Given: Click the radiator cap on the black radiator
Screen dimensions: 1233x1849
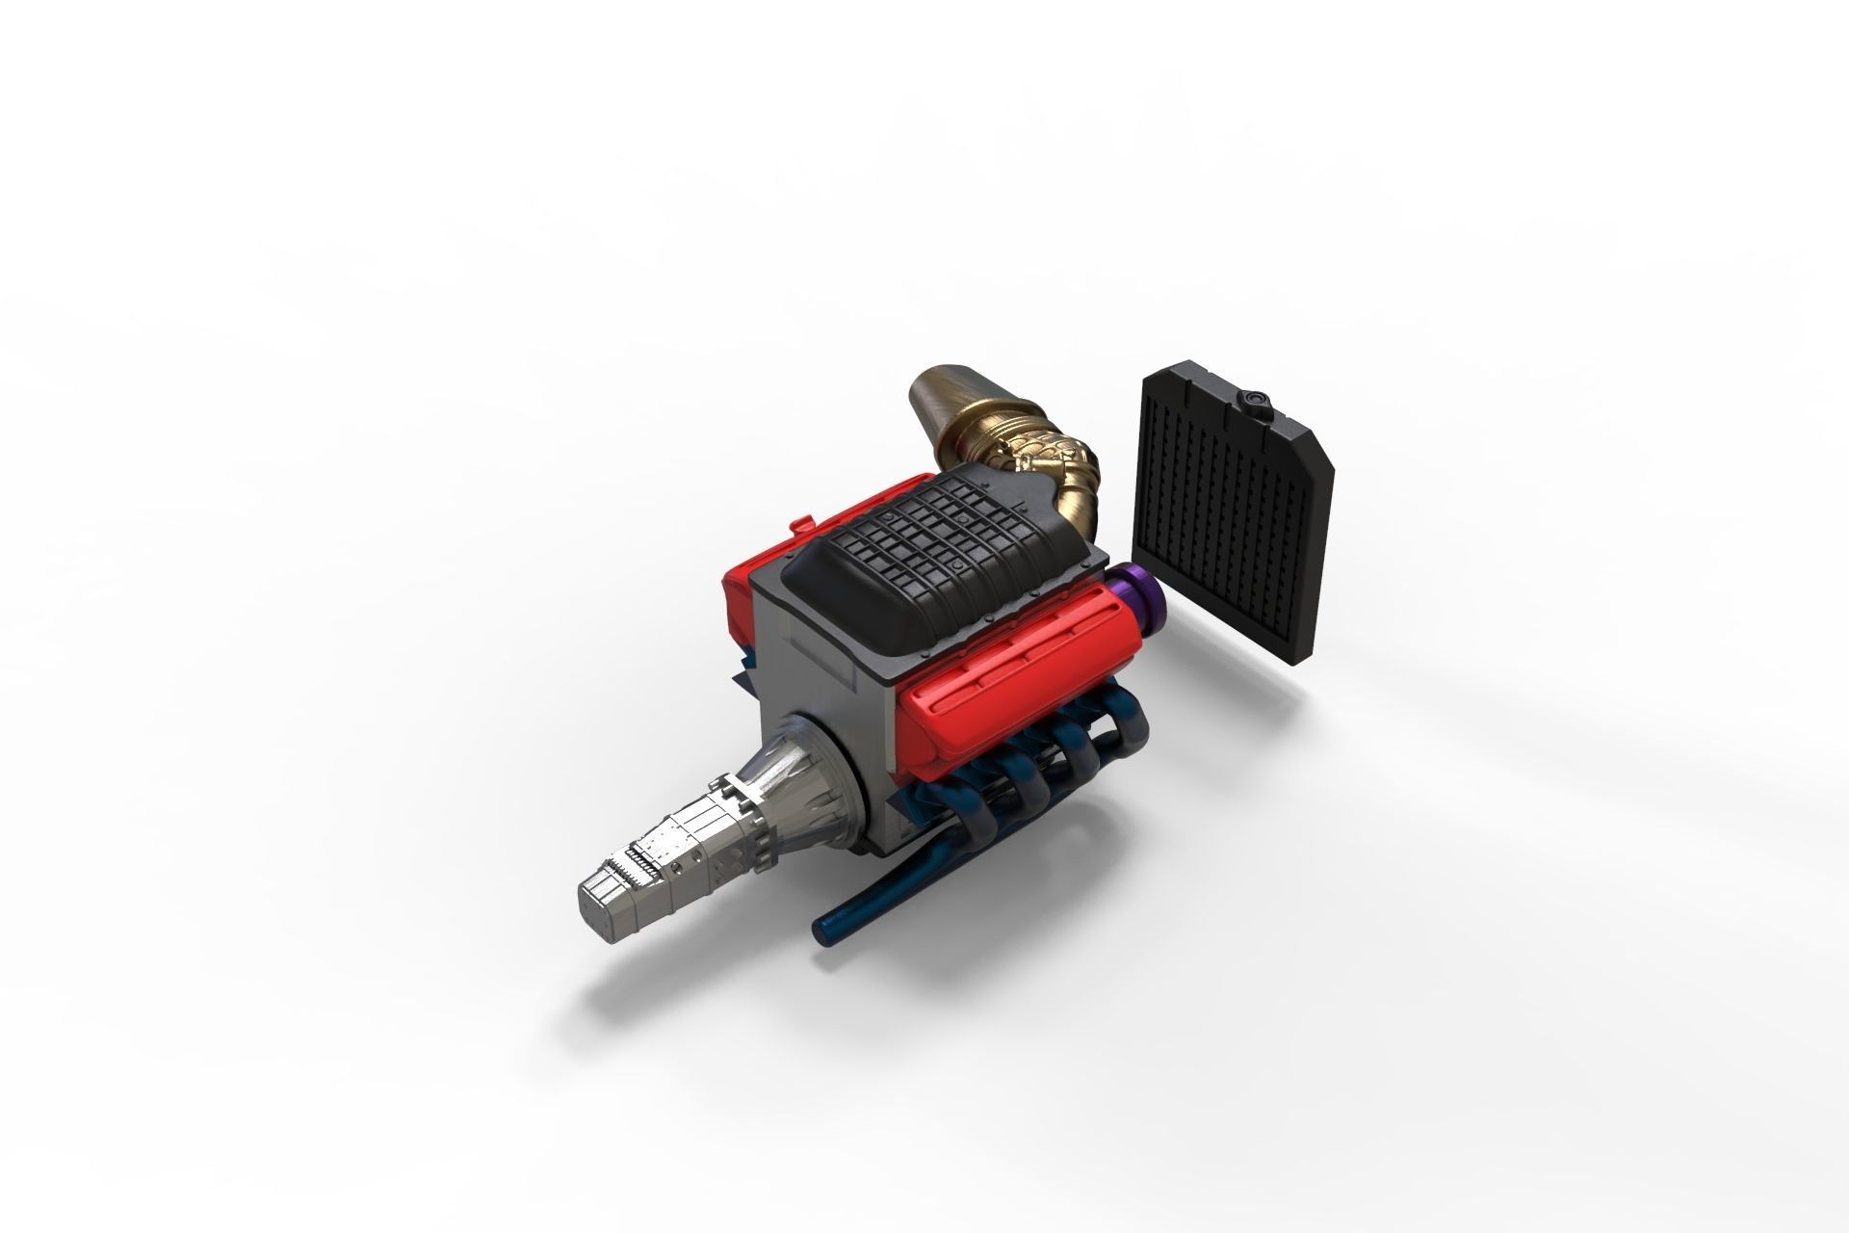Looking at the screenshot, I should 1256,397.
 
